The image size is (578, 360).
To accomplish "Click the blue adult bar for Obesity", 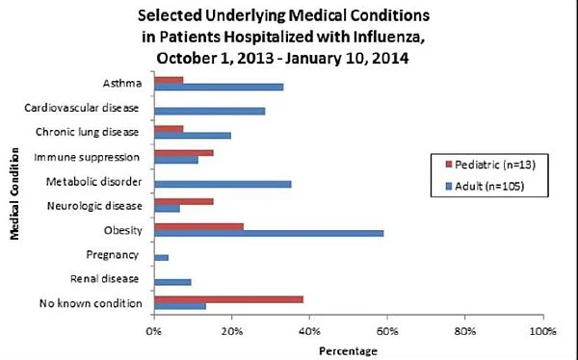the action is (x=269, y=233).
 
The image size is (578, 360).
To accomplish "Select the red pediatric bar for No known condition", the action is (x=228, y=299).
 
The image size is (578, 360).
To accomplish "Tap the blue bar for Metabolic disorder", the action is (x=223, y=184).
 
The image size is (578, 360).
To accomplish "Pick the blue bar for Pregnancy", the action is (x=162, y=258).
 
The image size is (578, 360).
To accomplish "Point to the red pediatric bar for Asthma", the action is (x=169, y=80).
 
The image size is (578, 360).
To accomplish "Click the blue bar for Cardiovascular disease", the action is (x=210, y=112).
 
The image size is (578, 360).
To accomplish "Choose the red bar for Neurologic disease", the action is (x=184, y=202).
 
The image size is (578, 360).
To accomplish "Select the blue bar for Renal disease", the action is (x=172, y=282).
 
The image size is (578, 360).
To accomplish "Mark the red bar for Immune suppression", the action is (x=184, y=153).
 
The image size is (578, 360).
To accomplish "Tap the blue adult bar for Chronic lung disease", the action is (x=193, y=136).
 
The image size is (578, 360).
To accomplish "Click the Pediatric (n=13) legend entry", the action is (x=490, y=165).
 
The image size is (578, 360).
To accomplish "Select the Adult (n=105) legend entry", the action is (x=485, y=186).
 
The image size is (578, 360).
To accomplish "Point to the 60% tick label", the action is (x=387, y=331).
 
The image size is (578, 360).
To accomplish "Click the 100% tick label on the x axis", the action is (x=542, y=331).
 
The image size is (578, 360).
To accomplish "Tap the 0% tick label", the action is (x=154, y=331).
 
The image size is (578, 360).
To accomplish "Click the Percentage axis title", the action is (x=348, y=351).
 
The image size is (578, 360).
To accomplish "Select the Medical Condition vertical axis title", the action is (x=14, y=193).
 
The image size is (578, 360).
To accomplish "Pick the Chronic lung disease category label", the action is (x=87, y=132).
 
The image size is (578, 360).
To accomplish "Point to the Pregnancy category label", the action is (x=113, y=255).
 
